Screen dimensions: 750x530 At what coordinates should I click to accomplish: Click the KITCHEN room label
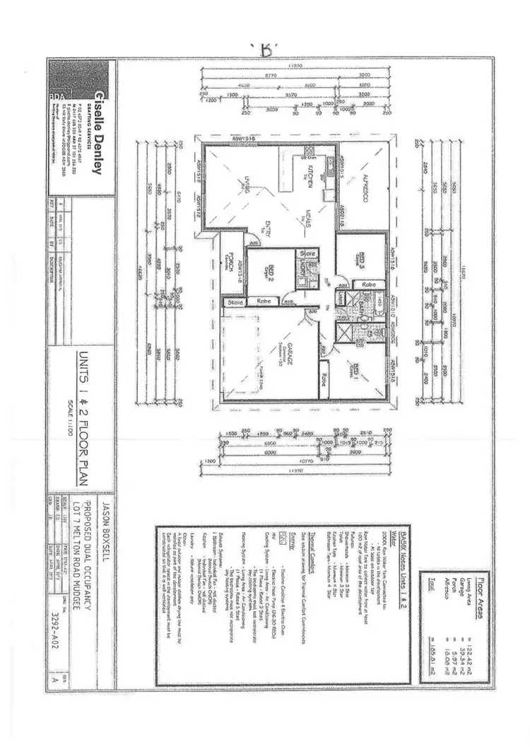click(x=312, y=175)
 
